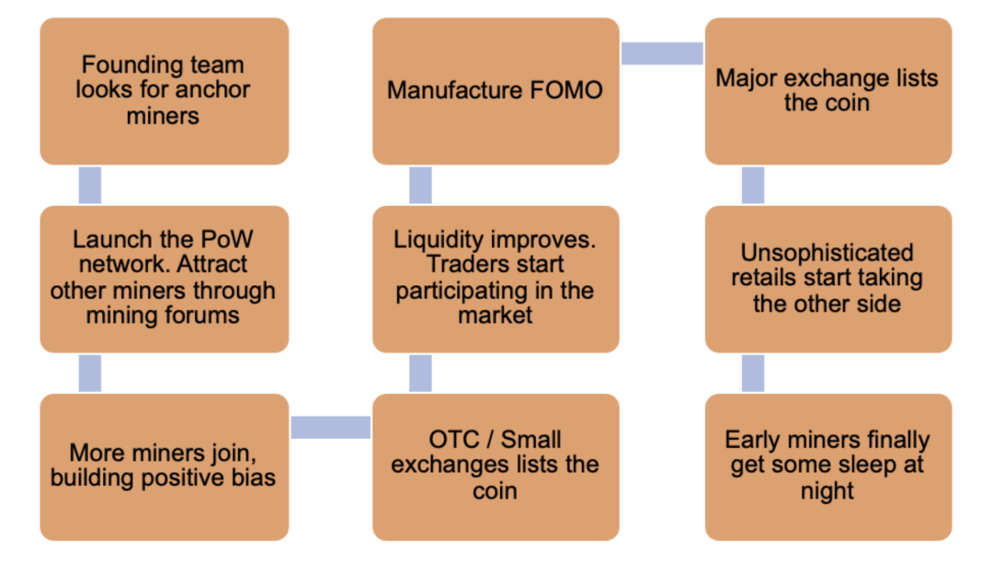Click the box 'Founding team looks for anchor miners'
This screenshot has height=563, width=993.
164,91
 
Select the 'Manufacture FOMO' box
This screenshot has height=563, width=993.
496,91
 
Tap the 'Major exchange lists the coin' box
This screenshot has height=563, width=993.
828,91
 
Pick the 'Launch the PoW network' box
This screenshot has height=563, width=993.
164,279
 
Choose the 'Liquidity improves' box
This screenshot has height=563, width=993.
496,279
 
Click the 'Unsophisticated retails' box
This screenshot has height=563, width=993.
828,279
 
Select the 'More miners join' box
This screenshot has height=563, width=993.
164,466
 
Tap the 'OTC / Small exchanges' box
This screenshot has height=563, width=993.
496,466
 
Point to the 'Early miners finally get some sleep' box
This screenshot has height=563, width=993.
828,466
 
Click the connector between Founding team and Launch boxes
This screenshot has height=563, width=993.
90,185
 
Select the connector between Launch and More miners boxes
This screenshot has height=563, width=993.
90,373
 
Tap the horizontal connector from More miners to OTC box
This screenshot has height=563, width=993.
331,428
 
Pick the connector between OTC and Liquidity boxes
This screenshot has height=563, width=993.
420,373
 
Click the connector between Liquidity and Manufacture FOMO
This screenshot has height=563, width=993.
420,185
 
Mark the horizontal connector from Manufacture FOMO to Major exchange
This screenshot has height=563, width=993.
662,53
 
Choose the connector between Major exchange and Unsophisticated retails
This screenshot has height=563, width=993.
753,185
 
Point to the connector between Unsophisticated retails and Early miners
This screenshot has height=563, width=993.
753,373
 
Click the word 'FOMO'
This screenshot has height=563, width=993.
566,90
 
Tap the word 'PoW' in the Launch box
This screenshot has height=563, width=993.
226,239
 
